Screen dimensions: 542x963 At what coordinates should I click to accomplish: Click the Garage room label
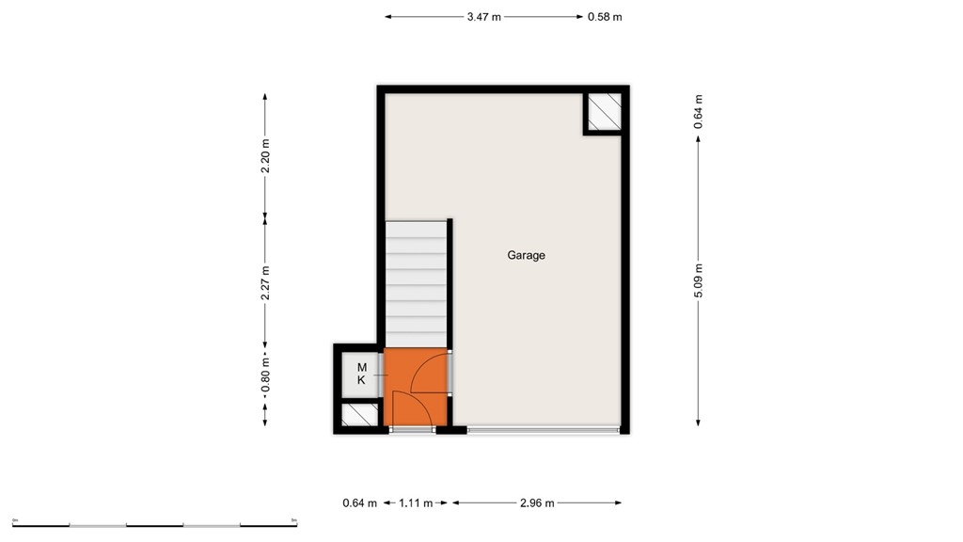point(526,255)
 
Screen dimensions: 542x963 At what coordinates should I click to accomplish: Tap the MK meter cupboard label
point(361,374)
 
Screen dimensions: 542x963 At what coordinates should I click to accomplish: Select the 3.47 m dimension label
point(483,17)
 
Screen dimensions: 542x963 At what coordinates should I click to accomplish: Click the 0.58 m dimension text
point(605,17)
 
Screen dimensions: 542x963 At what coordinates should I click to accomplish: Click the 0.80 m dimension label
point(265,377)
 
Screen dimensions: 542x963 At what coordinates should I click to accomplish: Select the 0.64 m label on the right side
point(698,111)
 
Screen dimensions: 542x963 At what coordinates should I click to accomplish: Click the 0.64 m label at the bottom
point(360,503)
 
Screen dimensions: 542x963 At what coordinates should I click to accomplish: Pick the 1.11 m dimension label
point(416,503)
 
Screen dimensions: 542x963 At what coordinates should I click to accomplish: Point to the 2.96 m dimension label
point(537,503)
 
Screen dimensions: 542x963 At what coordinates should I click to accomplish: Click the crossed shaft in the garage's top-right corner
point(604,111)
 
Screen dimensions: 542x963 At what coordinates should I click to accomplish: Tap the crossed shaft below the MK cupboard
point(357,414)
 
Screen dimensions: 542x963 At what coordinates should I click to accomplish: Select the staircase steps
point(415,282)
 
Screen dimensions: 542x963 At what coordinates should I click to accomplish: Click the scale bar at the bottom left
point(154,524)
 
